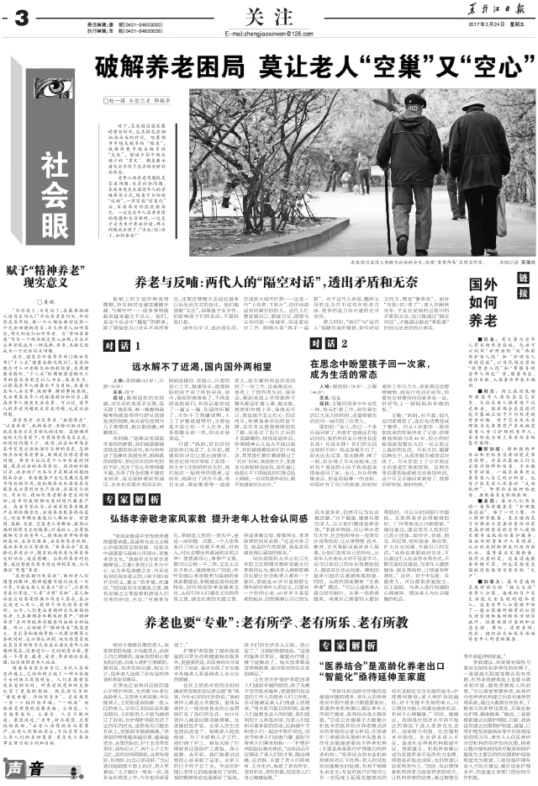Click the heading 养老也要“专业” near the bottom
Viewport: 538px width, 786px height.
[x=264, y=645]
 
